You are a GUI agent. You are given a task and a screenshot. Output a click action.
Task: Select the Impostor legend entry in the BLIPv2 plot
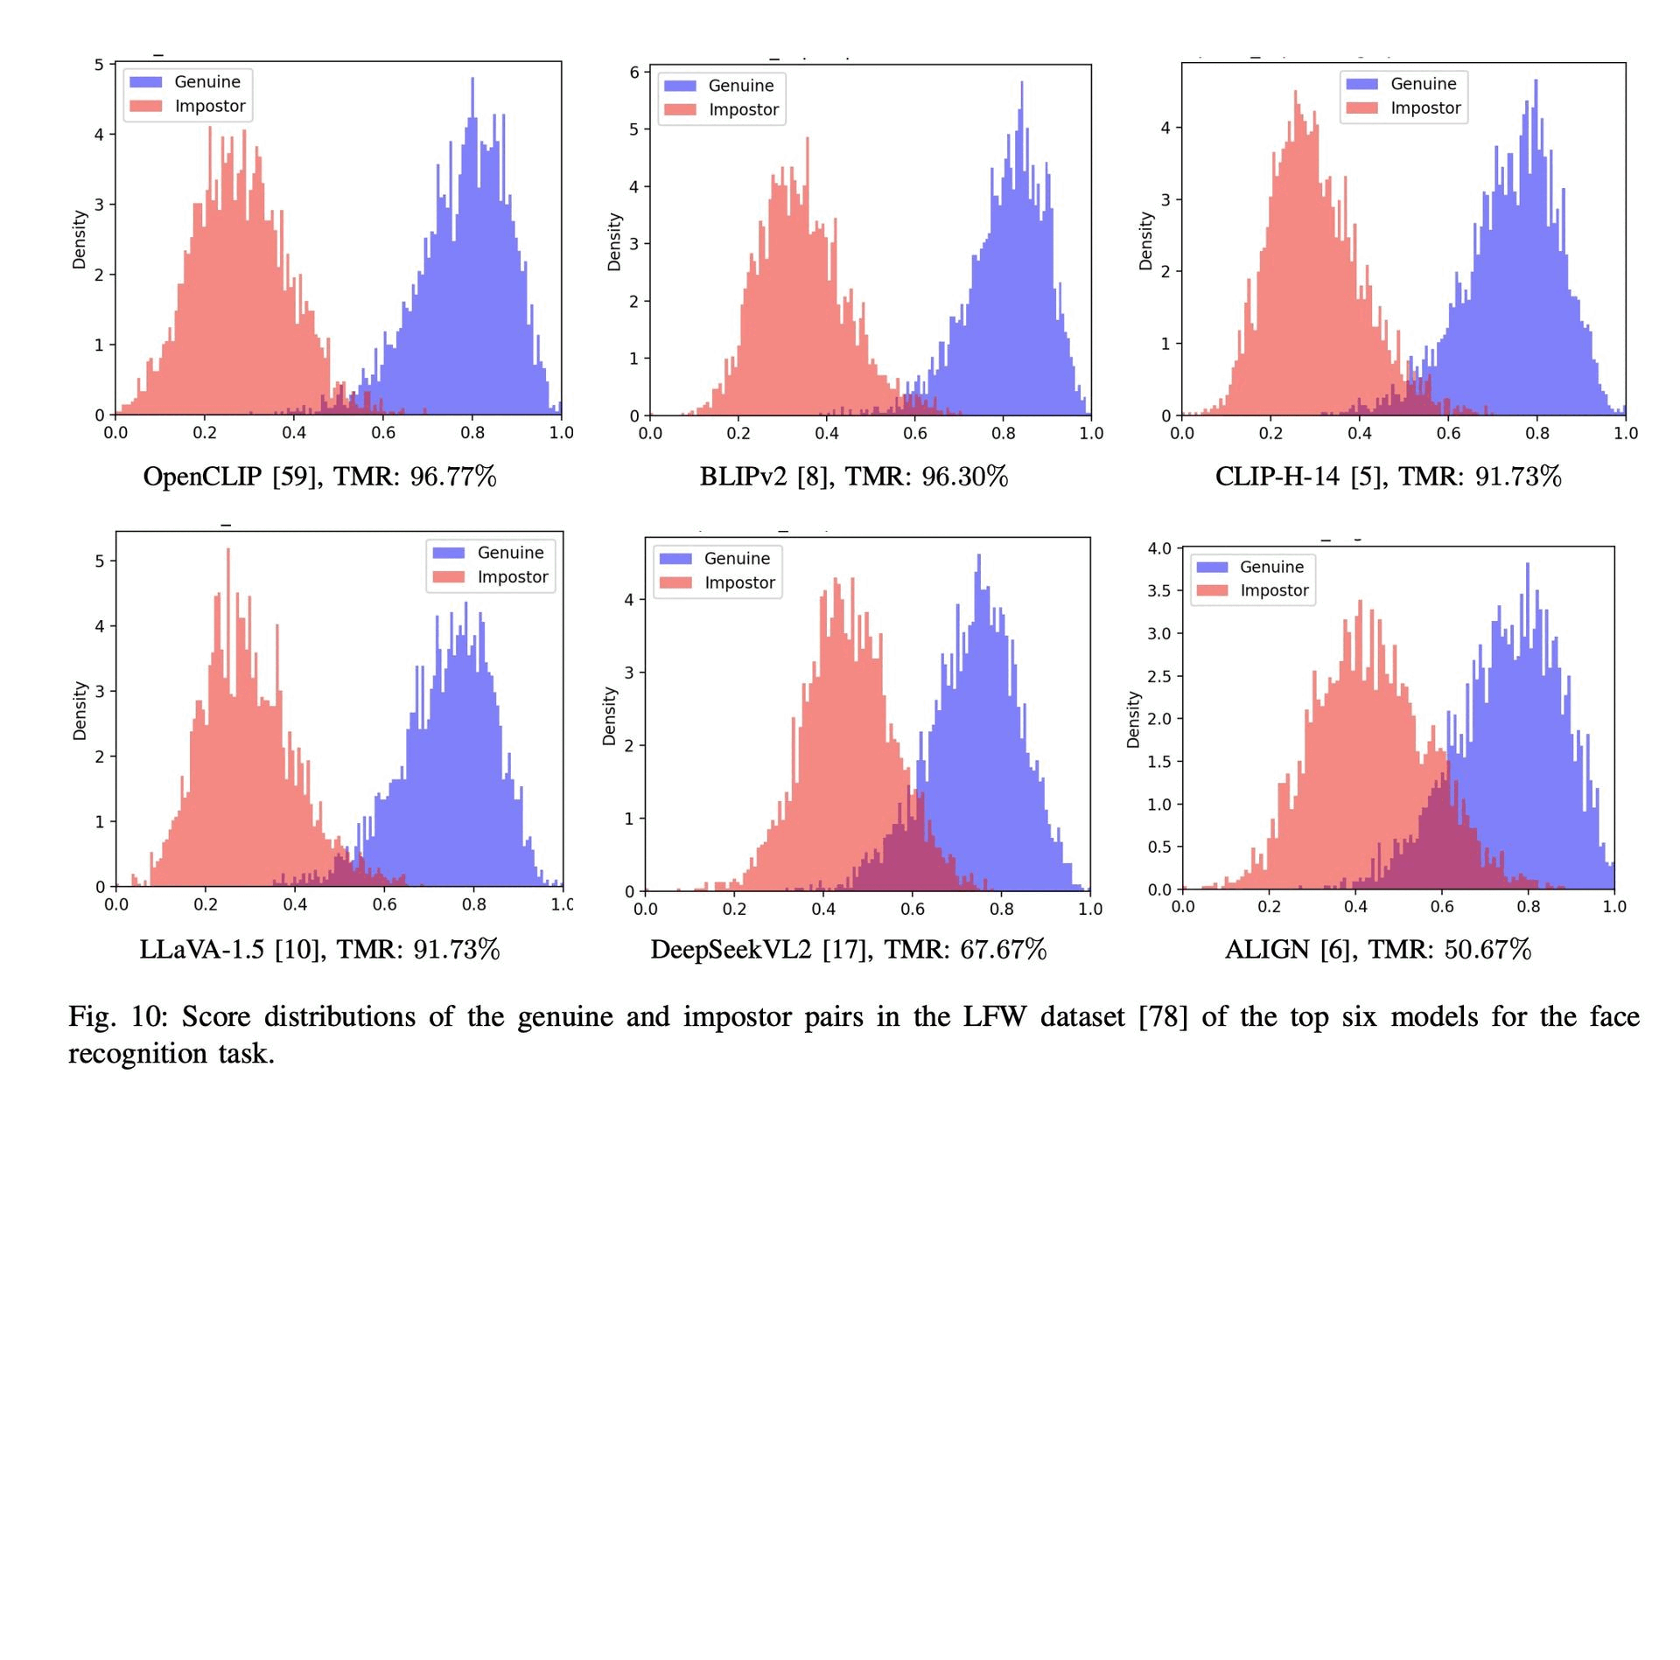[x=743, y=109]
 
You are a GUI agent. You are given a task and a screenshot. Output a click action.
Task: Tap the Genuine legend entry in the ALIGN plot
[x=1271, y=567]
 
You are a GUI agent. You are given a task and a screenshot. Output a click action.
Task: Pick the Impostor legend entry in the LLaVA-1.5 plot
[x=512, y=577]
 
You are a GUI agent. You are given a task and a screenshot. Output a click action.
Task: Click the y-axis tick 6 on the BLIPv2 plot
[x=634, y=72]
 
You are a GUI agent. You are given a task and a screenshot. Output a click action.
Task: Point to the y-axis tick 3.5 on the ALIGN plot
[x=1158, y=590]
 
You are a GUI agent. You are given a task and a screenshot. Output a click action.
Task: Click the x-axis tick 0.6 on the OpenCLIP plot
[x=383, y=433]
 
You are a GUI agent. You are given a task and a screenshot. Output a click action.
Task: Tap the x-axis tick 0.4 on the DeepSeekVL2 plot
[x=823, y=909]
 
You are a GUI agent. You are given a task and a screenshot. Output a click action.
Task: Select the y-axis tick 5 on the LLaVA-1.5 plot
[x=100, y=561]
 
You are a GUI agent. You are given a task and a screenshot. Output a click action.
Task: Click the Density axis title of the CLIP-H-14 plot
[x=1145, y=241]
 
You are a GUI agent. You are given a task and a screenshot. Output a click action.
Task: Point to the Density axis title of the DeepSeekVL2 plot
[x=610, y=715]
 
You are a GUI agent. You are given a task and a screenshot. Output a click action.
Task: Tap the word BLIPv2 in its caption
[x=743, y=477]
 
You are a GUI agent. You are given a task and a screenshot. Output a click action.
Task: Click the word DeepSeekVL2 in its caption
[x=731, y=949]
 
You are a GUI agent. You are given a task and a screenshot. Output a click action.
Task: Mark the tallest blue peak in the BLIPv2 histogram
[x=1021, y=84]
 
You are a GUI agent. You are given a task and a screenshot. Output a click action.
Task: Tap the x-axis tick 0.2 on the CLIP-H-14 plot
[x=1270, y=433]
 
